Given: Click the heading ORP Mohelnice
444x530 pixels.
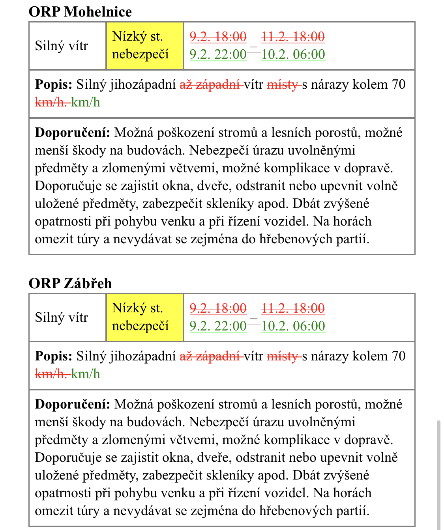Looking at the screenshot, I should click(80, 11).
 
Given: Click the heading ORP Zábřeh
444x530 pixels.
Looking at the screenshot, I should click(70, 283).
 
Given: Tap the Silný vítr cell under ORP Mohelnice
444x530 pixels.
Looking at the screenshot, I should click(62, 46).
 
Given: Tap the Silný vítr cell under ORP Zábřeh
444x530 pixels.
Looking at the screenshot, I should click(62, 317).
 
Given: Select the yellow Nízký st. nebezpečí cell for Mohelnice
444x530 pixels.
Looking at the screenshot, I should click(144, 46).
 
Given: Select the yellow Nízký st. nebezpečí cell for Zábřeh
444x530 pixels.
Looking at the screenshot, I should click(144, 317).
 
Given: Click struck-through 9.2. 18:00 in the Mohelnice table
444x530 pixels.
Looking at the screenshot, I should click(218, 37).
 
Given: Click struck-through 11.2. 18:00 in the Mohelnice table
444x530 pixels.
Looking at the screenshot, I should click(293, 37).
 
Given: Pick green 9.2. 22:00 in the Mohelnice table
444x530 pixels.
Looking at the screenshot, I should click(218, 54).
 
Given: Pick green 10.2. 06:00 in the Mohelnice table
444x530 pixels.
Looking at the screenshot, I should click(293, 54).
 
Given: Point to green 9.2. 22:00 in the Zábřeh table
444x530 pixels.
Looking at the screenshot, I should click(218, 326).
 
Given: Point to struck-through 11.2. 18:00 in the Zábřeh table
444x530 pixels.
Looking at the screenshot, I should click(293, 308).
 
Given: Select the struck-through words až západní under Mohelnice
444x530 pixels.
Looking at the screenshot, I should click(210, 84).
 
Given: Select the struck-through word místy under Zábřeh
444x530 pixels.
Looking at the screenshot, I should click(283, 356).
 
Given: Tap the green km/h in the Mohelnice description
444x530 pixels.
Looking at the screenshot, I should click(86, 103).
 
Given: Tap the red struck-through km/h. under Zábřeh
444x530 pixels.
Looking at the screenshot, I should click(51, 374).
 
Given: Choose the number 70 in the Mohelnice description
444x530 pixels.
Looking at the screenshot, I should click(399, 84).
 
